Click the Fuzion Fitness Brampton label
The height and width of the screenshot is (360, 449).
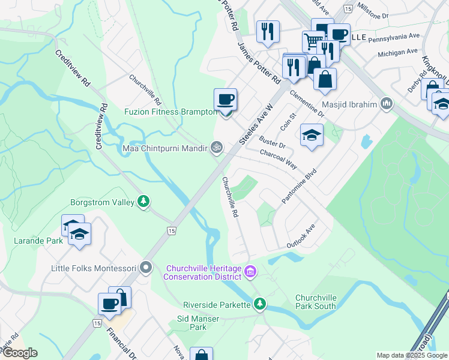point(170,112)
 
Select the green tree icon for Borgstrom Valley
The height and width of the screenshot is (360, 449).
point(143,202)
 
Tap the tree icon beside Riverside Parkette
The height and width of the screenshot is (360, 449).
point(259,304)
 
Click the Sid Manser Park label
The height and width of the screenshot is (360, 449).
point(198,323)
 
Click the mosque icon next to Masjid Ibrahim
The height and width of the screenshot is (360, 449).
point(386,104)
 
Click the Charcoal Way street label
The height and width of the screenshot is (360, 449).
point(278,158)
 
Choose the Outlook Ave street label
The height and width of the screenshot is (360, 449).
point(301,238)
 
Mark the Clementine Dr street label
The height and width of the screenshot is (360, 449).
point(307,103)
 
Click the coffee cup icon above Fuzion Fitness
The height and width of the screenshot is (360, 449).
point(225,99)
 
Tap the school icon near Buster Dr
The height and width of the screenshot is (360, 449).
point(312,135)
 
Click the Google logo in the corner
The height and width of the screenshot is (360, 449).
point(20,353)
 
